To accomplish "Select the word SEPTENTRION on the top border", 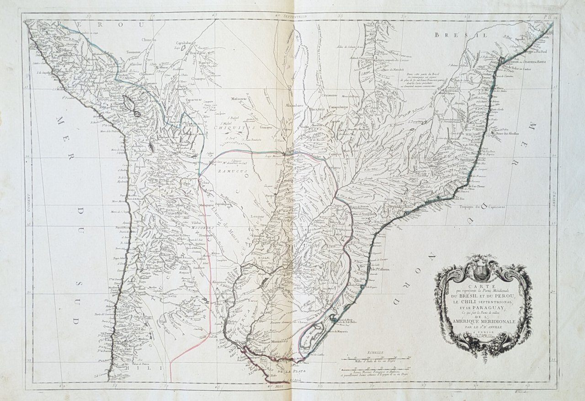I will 296,16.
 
